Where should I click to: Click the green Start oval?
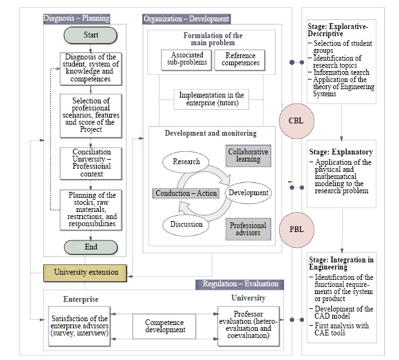(91, 35)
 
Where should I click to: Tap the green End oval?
(91, 246)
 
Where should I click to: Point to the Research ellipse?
(187, 162)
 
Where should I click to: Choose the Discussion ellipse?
(186, 225)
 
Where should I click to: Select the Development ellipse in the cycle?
(249, 193)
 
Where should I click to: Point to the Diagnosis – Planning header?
(76, 18)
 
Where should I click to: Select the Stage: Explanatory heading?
(341, 152)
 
